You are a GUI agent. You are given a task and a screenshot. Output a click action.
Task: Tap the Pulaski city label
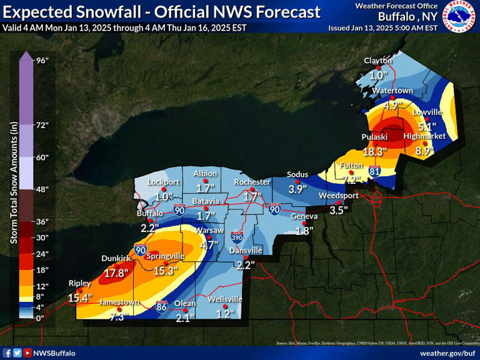[x=374, y=137]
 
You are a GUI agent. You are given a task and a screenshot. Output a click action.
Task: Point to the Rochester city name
[x=251, y=182]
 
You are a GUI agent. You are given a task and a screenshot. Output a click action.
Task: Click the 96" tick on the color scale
[x=42, y=60]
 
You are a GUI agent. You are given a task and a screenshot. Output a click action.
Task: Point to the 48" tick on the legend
[x=42, y=189]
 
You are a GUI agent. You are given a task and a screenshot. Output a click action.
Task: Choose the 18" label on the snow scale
[x=42, y=270]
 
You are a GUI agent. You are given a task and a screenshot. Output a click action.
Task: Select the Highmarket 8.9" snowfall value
[x=424, y=151]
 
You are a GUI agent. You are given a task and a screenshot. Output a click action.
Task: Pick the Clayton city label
[x=378, y=61]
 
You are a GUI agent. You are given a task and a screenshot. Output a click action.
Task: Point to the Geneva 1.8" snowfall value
[x=304, y=231]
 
